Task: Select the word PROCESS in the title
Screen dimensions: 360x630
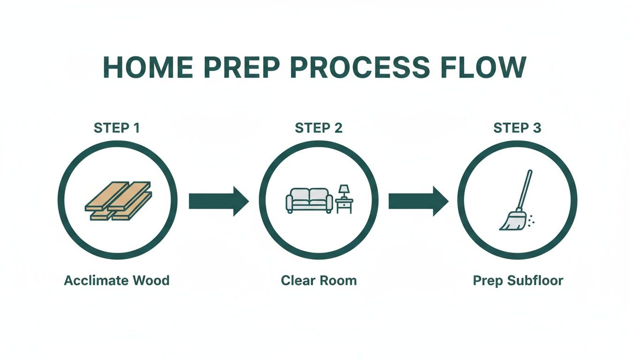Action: coord(360,67)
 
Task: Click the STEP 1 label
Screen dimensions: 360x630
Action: coord(117,127)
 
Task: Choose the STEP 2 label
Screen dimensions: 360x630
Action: coord(319,127)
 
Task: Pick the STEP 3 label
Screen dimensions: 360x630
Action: coord(517,127)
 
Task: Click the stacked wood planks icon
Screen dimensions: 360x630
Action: coord(118,201)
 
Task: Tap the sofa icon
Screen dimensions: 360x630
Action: coord(309,200)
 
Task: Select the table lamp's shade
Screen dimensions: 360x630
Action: coord(345,188)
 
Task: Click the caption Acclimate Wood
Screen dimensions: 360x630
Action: coord(117,281)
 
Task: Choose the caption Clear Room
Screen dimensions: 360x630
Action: coord(319,281)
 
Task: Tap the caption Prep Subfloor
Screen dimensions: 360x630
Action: coord(517,281)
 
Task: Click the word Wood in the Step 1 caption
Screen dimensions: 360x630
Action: coord(151,281)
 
